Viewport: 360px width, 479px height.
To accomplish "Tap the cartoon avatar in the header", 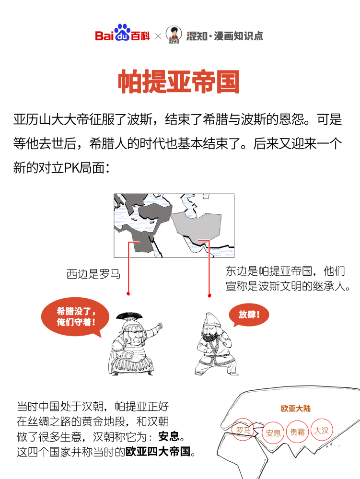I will coord(174,35).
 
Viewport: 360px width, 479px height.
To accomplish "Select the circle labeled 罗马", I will coord(241,430).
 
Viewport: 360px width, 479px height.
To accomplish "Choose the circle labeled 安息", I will coord(273,432).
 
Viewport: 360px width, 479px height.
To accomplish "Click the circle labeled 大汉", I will coord(322,430).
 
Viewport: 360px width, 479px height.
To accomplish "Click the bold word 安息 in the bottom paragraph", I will coord(168,437).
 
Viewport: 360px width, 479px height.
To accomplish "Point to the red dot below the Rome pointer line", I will coord(128,293).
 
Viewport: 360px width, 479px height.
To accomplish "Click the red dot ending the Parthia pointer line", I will coord(209,295).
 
